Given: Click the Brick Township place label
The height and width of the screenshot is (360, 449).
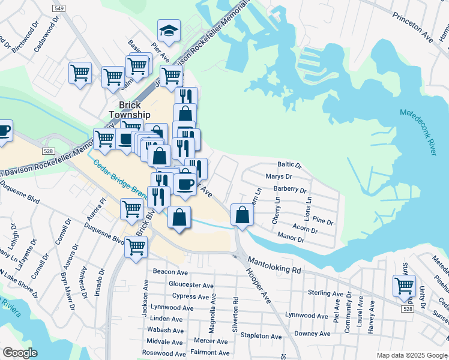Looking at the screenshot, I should coord(130,110).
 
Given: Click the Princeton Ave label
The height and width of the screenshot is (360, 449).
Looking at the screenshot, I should coord(413,27).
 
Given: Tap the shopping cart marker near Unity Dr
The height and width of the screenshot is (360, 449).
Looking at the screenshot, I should coord(404,286).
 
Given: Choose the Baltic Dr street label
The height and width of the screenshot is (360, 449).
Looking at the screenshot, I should coord(289,164).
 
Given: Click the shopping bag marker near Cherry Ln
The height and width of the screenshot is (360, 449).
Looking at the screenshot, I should coord(241,216).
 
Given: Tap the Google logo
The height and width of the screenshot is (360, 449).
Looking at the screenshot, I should coord(20,353).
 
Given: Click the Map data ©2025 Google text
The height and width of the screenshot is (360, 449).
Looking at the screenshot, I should coord(411,355).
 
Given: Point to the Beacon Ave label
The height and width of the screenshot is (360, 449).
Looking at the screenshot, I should coord(167,272).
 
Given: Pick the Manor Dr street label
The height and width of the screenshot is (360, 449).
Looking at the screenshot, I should coord(291,239).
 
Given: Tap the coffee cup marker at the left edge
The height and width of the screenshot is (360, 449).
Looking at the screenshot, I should coord(4,131).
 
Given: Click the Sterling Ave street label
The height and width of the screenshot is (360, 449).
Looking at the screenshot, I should coord(325,293).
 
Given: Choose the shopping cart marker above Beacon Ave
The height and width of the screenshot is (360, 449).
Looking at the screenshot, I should coord(136,245).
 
